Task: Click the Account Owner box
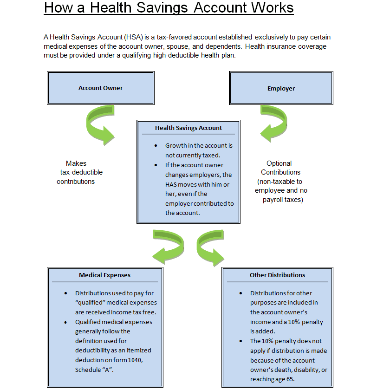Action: click(100, 88)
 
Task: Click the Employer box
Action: click(281, 88)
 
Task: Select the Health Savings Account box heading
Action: click(188, 128)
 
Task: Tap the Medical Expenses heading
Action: click(104, 275)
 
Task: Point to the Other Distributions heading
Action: click(277, 275)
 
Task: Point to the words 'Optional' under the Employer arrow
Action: click(279, 163)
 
